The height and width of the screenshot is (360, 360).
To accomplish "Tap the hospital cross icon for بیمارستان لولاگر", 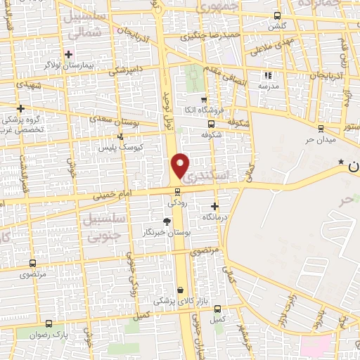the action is (x=68, y=53).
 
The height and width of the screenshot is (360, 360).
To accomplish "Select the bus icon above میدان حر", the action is (x=321, y=127).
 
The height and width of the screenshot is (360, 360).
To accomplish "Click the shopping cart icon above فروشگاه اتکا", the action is (x=203, y=100).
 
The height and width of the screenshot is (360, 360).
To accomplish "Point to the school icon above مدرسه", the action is (x=266, y=75).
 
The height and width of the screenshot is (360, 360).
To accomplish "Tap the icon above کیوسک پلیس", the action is (x=121, y=136).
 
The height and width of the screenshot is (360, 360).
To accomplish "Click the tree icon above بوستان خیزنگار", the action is (x=167, y=221).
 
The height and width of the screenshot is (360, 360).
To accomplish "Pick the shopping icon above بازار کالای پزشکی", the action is (x=181, y=290).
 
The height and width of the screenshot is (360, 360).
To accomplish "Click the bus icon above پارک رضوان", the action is (x=49, y=323).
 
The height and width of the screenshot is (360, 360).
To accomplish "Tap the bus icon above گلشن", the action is (x=277, y=15).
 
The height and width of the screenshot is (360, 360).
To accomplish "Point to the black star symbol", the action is (x=341, y=162).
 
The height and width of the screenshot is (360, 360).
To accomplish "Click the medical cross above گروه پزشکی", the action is (x=21, y=108).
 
